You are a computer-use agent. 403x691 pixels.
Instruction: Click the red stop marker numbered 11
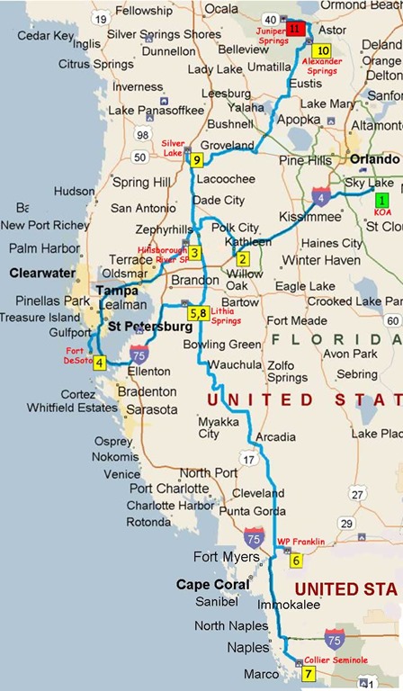[299, 30]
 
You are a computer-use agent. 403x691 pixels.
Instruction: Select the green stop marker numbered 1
[383, 200]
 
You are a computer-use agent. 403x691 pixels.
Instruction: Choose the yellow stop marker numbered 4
[99, 363]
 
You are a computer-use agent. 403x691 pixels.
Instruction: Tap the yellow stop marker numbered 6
[297, 561]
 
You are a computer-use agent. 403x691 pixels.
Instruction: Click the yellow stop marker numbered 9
[197, 160]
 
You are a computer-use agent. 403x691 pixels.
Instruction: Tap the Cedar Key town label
[45, 36]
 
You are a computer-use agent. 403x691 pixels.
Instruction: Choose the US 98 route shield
[141, 134]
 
